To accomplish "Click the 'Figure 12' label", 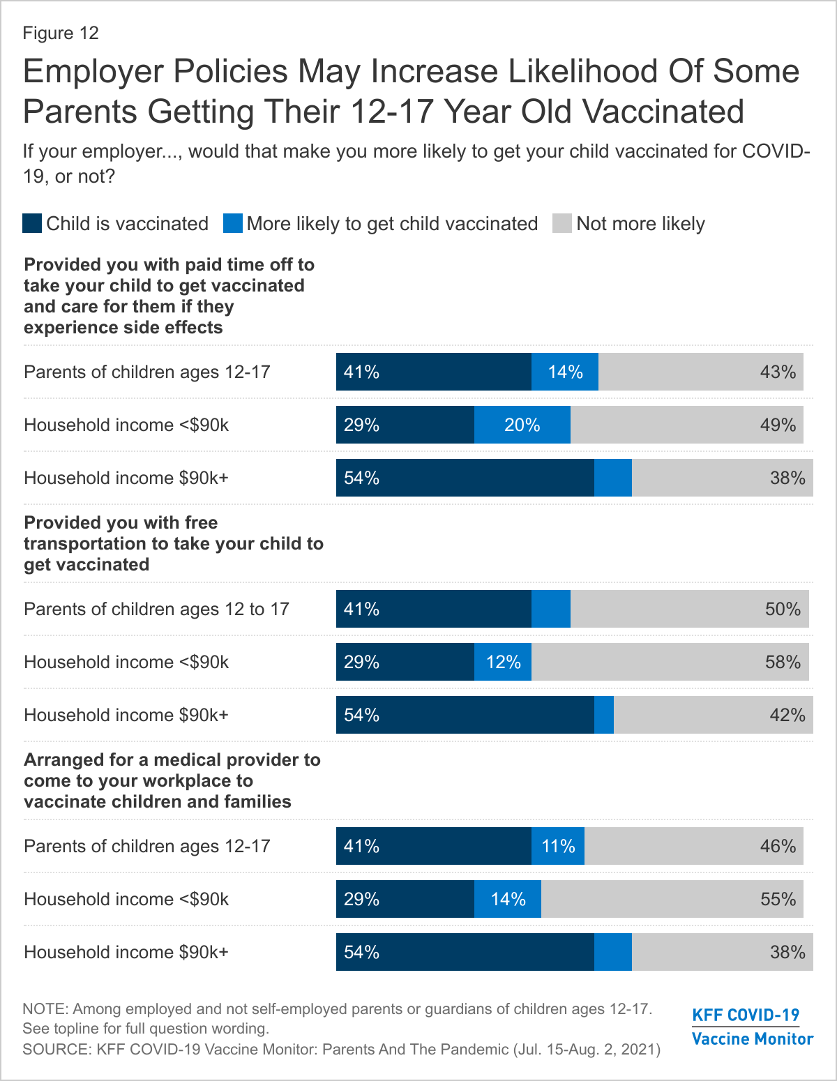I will click(61, 33).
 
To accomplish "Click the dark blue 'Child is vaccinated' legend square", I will click(32, 223).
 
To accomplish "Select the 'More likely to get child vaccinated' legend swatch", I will click(232, 223).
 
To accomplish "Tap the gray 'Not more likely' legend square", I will click(562, 223).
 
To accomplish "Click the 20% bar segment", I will click(522, 425).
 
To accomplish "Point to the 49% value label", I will click(778, 425).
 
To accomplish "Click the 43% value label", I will click(778, 372).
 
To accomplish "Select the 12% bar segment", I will click(503, 662).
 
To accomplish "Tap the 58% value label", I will click(783, 662).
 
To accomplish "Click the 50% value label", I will click(783, 609).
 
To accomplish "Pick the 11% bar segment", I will click(558, 846).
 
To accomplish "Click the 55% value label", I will click(778, 899).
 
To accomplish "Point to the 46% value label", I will click(778, 846).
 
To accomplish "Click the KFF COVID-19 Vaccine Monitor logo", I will click(752, 1027).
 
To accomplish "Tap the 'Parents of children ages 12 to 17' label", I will click(156, 609).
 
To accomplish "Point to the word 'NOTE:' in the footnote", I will click(45, 1008).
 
